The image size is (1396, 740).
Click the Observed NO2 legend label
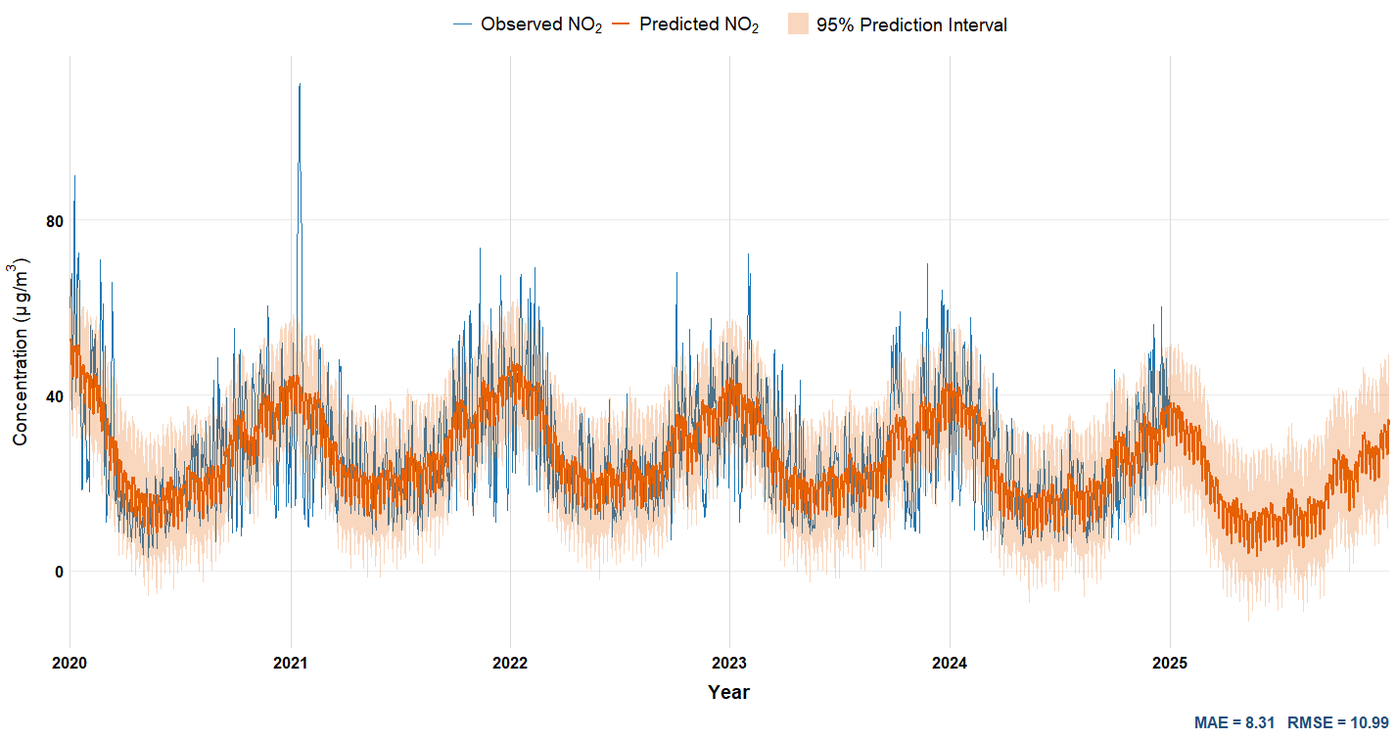540,24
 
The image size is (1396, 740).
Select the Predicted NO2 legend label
699,24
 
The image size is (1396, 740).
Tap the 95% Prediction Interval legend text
911,24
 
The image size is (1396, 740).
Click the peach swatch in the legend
799,24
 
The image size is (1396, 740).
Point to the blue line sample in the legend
463,24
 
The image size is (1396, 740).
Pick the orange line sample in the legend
622,24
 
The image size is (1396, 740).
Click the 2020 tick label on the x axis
70,664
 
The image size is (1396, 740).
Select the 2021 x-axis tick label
290,664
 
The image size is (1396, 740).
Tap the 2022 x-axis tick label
510,664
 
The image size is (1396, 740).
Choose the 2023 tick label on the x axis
729,664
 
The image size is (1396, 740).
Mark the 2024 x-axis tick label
950,664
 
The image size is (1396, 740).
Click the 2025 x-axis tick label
1170,664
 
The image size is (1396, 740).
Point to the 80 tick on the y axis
54,221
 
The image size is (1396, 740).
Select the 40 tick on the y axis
54,396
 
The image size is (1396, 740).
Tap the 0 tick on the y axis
59,572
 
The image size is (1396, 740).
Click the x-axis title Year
729,693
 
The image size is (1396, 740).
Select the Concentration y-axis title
21,352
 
